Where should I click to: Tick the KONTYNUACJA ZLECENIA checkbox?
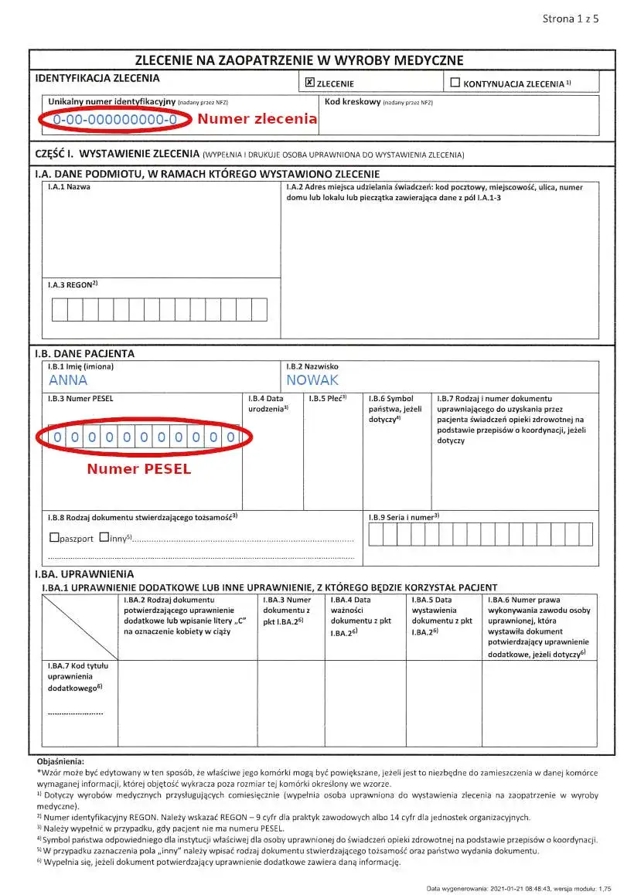[x=455, y=82]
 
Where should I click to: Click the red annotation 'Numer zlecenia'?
[x=257, y=119]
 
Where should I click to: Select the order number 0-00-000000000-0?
[x=115, y=121]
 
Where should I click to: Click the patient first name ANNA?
[x=68, y=380]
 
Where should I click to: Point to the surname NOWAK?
[x=312, y=380]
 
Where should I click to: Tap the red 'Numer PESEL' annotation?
[x=138, y=469]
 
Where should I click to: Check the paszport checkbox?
[x=54, y=538]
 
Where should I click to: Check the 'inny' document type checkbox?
[x=104, y=538]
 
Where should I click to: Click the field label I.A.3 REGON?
[x=73, y=285]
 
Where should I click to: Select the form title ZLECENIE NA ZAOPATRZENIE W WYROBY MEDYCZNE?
[x=299, y=60]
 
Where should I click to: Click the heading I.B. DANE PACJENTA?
[x=85, y=353]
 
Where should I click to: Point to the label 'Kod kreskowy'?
[x=353, y=102]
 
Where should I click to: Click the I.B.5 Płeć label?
[x=327, y=399]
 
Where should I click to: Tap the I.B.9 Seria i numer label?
[x=404, y=516]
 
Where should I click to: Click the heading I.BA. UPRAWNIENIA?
[x=84, y=574]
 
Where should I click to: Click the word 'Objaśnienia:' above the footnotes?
[x=60, y=762]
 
